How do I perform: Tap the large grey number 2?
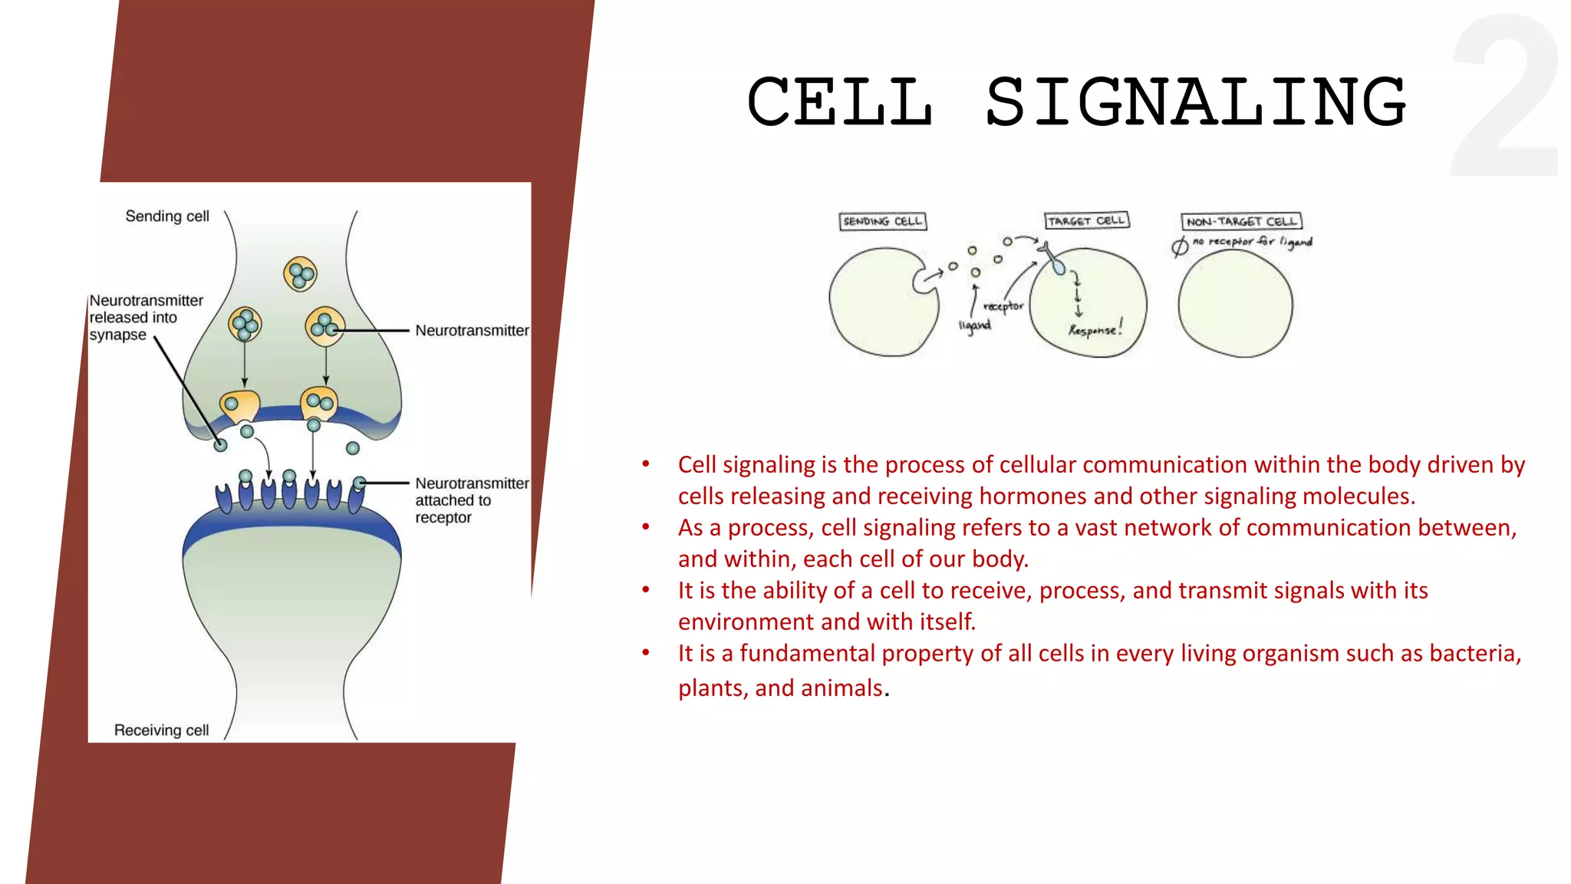pos(1505,96)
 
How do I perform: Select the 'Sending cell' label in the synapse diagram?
pos(167,216)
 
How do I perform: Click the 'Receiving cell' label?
pos(161,730)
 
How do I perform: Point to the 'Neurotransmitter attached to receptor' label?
pos(470,500)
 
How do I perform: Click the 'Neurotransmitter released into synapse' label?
pos(146,317)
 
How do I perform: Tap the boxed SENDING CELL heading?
pos(882,221)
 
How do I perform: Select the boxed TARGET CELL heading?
pos(1086,221)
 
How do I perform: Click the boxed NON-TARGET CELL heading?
pos(1240,222)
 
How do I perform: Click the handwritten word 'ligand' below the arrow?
pos(974,325)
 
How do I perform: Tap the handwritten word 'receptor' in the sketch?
pos(1003,306)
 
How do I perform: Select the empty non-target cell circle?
pos(1235,305)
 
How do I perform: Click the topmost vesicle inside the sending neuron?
pos(300,274)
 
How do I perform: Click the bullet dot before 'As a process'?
pos(646,527)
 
